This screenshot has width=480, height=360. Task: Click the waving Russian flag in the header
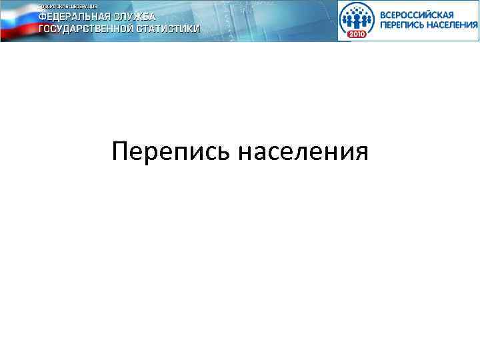[x=19, y=21]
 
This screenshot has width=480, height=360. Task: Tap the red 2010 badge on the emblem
[x=357, y=34]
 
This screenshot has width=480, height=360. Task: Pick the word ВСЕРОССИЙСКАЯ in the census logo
[x=417, y=14]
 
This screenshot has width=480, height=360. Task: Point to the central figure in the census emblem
[x=357, y=17]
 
